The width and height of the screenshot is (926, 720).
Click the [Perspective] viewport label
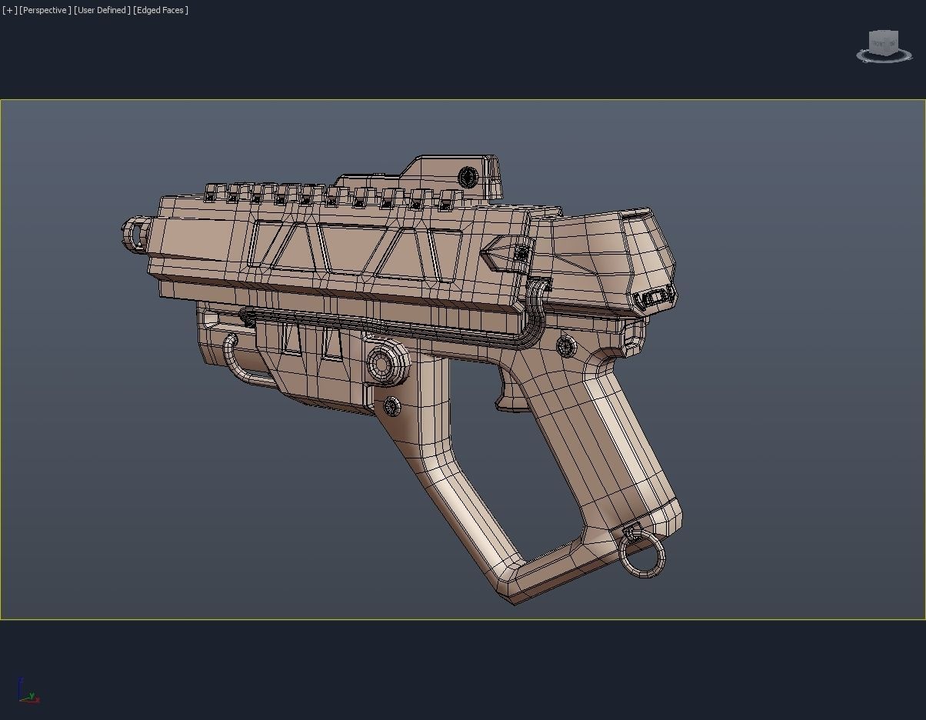tap(45, 10)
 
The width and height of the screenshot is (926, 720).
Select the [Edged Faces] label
tap(161, 10)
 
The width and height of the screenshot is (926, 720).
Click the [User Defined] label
tap(102, 10)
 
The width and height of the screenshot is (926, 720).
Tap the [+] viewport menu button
tap(9, 10)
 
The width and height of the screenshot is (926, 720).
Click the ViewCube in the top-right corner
tap(883, 45)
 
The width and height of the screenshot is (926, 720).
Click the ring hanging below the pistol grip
tap(641, 555)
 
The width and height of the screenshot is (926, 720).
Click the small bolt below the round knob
tap(391, 405)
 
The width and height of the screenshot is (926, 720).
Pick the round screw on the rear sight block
tap(468, 177)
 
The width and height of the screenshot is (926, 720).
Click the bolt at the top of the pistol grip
tap(566, 346)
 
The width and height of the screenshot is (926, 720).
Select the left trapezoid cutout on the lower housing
tap(291, 339)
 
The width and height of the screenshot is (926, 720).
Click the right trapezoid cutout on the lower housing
tap(332, 344)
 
